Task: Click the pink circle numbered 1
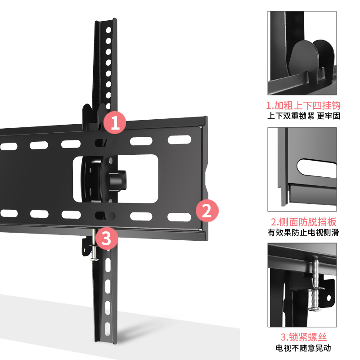(x=115, y=122)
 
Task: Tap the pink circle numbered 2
(x=207, y=211)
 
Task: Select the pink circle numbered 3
(x=106, y=238)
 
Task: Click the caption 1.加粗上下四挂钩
(x=302, y=106)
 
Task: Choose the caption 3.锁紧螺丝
(x=303, y=337)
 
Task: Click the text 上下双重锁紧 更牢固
(x=302, y=116)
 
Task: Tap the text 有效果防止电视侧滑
(x=302, y=233)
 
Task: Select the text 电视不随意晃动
(x=302, y=348)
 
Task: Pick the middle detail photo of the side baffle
(x=302, y=169)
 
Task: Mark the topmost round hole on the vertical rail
(x=108, y=30)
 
